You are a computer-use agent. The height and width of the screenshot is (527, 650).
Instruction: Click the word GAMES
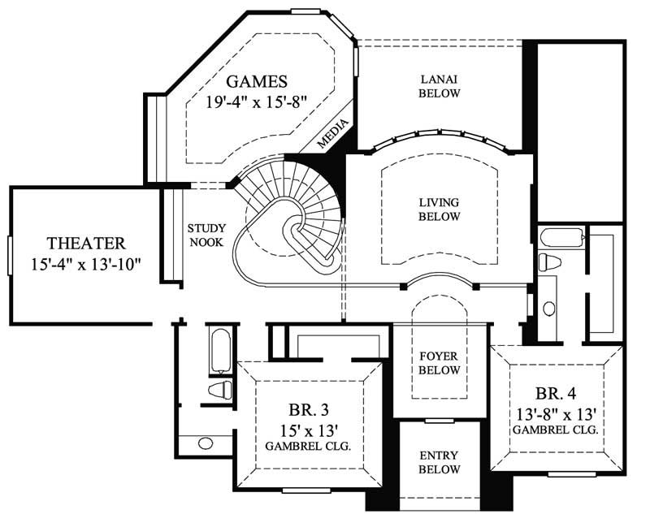click(x=257, y=81)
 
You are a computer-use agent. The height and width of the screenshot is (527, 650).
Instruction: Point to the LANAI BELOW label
click(x=440, y=86)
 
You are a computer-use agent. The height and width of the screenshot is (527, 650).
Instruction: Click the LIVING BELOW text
click(x=440, y=210)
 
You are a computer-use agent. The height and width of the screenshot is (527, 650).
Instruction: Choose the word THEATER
click(x=86, y=243)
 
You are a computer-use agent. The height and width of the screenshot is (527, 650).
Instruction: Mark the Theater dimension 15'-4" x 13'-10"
click(x=86, y=264)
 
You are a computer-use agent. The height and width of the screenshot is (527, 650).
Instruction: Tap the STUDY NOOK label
click(x=206, y=235)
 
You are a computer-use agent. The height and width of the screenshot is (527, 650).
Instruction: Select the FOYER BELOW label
click(x=440, y=363)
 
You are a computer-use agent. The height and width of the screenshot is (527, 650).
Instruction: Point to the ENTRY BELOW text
click(x=440, y=463)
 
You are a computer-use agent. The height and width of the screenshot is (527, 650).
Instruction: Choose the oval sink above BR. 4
click(x=549, y=308)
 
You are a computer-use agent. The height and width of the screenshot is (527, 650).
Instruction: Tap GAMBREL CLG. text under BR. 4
click(x=556, y=430)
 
